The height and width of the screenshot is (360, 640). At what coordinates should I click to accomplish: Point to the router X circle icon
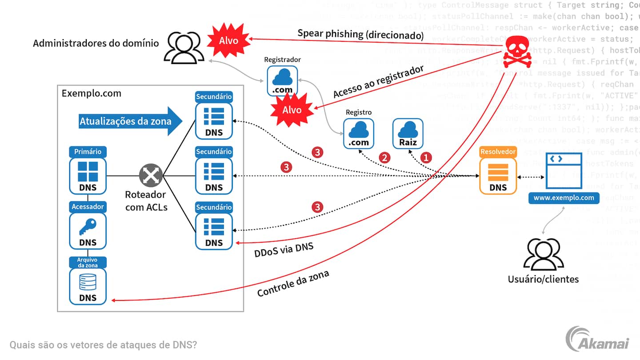151,176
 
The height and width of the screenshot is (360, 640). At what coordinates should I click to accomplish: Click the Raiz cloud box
408,133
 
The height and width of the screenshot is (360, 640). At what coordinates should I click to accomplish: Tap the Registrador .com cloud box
282,80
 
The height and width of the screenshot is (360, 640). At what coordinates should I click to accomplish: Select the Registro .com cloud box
359,133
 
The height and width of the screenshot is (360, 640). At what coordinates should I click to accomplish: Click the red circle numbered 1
426,157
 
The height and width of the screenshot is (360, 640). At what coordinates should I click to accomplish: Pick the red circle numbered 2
384,157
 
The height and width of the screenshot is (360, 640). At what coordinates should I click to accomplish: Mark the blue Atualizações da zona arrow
131,120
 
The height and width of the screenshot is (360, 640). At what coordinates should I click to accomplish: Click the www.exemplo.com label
564,197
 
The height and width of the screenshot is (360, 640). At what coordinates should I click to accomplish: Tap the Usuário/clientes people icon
544,255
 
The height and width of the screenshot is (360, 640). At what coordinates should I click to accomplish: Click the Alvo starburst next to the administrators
228,40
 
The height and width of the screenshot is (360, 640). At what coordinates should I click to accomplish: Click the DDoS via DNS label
284,249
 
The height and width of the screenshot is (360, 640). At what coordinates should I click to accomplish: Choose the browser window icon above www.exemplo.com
564,172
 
